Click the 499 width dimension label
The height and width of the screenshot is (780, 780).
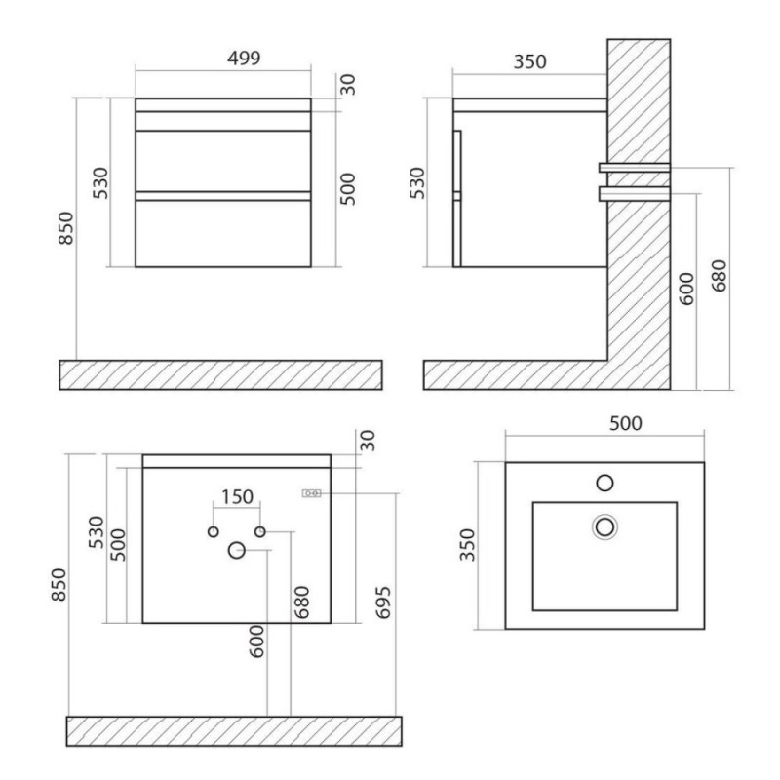[x=244, y=58]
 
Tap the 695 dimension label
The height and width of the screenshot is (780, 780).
[x=383, y=603]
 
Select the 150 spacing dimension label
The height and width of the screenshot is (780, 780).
[x=237, y=496]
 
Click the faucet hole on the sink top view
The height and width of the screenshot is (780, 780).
[x=604, y=483]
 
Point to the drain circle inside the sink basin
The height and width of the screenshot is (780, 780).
[x=604, y=526]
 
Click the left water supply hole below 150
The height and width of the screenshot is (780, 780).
[x=213, y=531]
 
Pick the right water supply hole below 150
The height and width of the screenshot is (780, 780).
[x=259, y=531]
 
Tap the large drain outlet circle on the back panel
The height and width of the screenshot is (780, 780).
[x=236, y=550]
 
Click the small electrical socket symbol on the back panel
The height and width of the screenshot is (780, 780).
[x=311, y=493]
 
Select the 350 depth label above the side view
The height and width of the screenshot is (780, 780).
[x=529, y=62]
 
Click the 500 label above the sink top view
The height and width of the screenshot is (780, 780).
[x=626, y=423]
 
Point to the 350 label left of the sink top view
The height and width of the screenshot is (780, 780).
[x=468, y=545]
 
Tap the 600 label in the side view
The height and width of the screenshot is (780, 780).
[x=686, y=289]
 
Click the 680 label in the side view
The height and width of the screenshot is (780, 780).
[x=720, y=276]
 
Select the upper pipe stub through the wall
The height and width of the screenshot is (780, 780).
[x=635, y=168]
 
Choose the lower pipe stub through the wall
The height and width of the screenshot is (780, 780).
[x=635, y=193]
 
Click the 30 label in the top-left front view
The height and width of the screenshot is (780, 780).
[x=349, y=84]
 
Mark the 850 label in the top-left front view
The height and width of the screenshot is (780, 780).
[x=65, y=228]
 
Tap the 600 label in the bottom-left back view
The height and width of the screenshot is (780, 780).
[x=256, y=642]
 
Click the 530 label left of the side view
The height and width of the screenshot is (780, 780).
[x=418, y=182]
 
